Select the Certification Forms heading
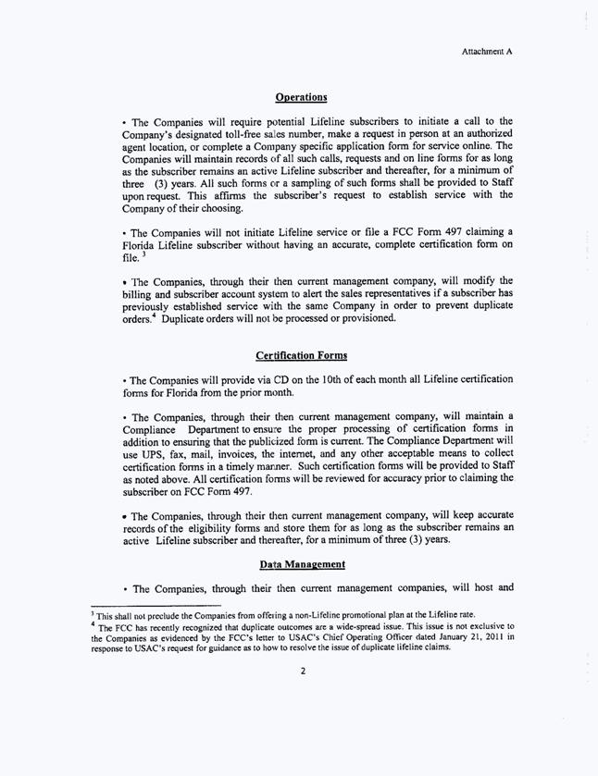pos(301,356)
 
